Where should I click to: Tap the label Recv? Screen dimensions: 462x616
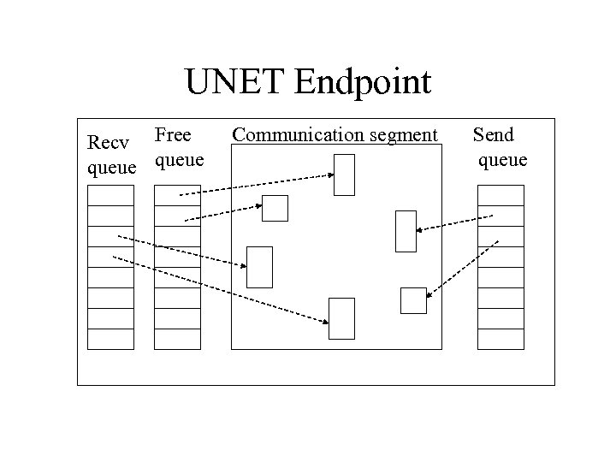pos(108,143)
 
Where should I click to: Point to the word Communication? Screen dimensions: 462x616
pos(294,134)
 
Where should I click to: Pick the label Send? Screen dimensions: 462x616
pos(494,134)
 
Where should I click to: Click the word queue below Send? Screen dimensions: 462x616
pos(502,159)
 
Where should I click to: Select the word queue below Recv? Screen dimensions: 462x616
pos(112,168)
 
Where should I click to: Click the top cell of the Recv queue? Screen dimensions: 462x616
pos(111,195)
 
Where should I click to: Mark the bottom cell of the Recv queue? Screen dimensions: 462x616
pos(111,339)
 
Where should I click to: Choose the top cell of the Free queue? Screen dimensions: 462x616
pos(177,195)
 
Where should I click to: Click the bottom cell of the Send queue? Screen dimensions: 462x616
pos(500,339)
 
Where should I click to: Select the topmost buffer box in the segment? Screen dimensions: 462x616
pos(344,175)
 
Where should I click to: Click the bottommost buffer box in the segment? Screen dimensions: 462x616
pos(342,318)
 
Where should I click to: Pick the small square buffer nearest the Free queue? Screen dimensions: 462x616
pos(275,208)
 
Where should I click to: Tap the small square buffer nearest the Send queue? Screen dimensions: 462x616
pos(413,300)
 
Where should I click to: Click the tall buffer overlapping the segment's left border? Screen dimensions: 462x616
pos(259,267)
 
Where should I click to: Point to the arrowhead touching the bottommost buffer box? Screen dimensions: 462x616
pos(326,322)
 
